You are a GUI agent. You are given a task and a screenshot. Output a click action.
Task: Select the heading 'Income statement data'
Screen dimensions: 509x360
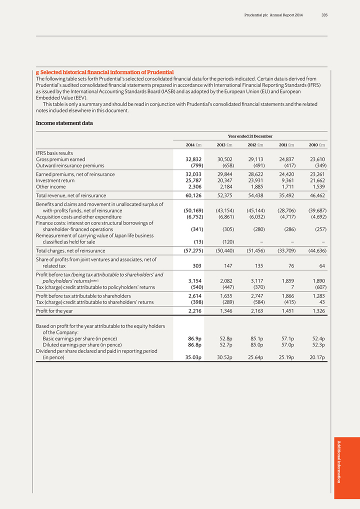pos(64,123)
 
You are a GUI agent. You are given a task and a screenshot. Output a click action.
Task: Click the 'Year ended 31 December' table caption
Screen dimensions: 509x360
pos(250,136)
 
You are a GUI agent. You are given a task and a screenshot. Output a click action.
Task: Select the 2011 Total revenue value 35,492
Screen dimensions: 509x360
pos(286,195)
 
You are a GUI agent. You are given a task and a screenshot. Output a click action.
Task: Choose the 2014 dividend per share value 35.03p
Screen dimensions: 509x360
pos(192,357)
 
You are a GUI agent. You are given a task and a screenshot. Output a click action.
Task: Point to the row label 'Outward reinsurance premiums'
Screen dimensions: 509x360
pos(70,165)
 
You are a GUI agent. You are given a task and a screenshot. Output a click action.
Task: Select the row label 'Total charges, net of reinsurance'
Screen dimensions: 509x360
pos(70,250)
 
